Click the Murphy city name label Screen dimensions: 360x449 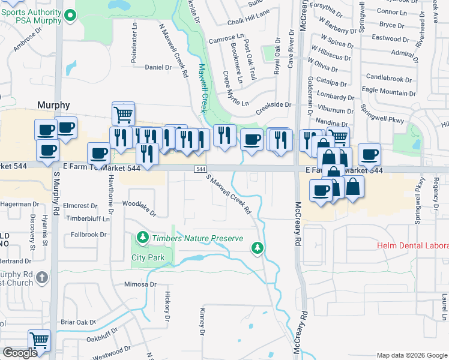pyautogui.click(x=53, y=104)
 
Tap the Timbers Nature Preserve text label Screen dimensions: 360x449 pyautogui.click(x=197, y=238)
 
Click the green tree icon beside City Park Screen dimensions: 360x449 pyautogui.click(x=142, y=238)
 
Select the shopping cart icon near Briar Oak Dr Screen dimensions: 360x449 pyautogui.click(x=39, y=340)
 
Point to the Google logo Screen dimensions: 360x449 pyautogui.click(x=20, y=353)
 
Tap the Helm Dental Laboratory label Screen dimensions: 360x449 pyautogui.click(x=412, y=246)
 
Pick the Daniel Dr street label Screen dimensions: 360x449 pyautogui.click(x=158, y=67)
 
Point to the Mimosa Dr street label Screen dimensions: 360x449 pyautogui.click(x=140, y=284)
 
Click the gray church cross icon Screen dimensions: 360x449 pyautogui.click(x=41, y=277)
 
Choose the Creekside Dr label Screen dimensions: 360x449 pyautogui.click(x=273, y=104)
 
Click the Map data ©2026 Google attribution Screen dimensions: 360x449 pyautogui.click(x=411, y=355)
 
